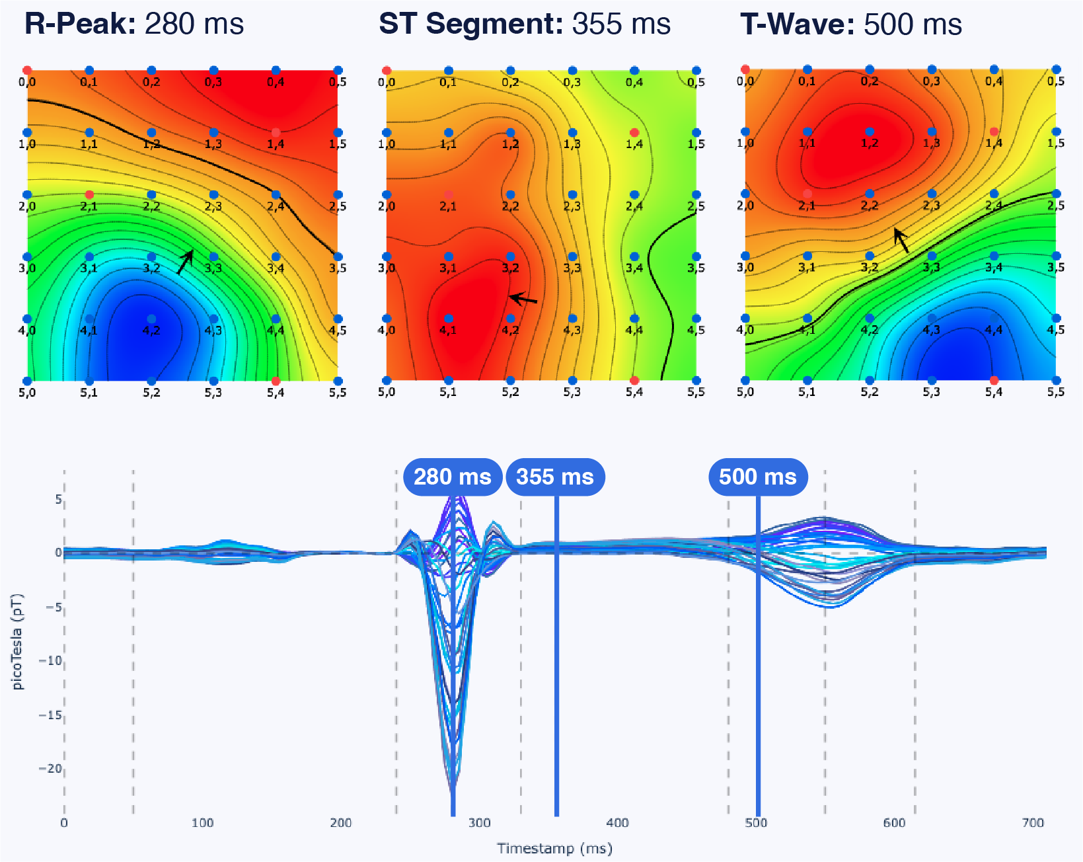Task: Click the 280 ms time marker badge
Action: tap(453, 477)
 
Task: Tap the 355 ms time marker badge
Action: tap(555, 477)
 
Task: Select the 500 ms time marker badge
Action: tap(758, 477)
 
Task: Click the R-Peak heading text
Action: tap(134, 24)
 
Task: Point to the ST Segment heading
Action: tap(525, 24)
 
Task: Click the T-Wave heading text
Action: tap(851, 24)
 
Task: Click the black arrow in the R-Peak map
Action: tap(185, 262)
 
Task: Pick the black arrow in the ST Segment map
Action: tap(523, 299)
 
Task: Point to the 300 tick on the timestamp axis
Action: tap(480, 823)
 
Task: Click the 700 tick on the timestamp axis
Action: tap(1033, 823)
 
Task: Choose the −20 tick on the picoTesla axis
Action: tap(50, 768)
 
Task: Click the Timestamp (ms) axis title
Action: tap(554, 848)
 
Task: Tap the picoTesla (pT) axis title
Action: tap(17, 641)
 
